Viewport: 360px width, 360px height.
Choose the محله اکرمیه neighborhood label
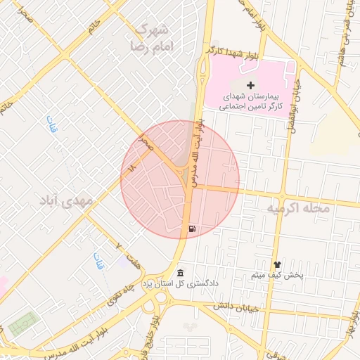click(x=294, y=210)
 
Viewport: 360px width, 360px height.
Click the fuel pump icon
click(x=193, y=229)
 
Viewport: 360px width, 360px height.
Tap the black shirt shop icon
click(x=276, y=264)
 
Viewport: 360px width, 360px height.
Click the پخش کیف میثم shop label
click(x=277, y=275)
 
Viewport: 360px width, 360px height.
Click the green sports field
click(x=24, y=323)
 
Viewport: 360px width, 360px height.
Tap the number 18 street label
click(x=131, y=165)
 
